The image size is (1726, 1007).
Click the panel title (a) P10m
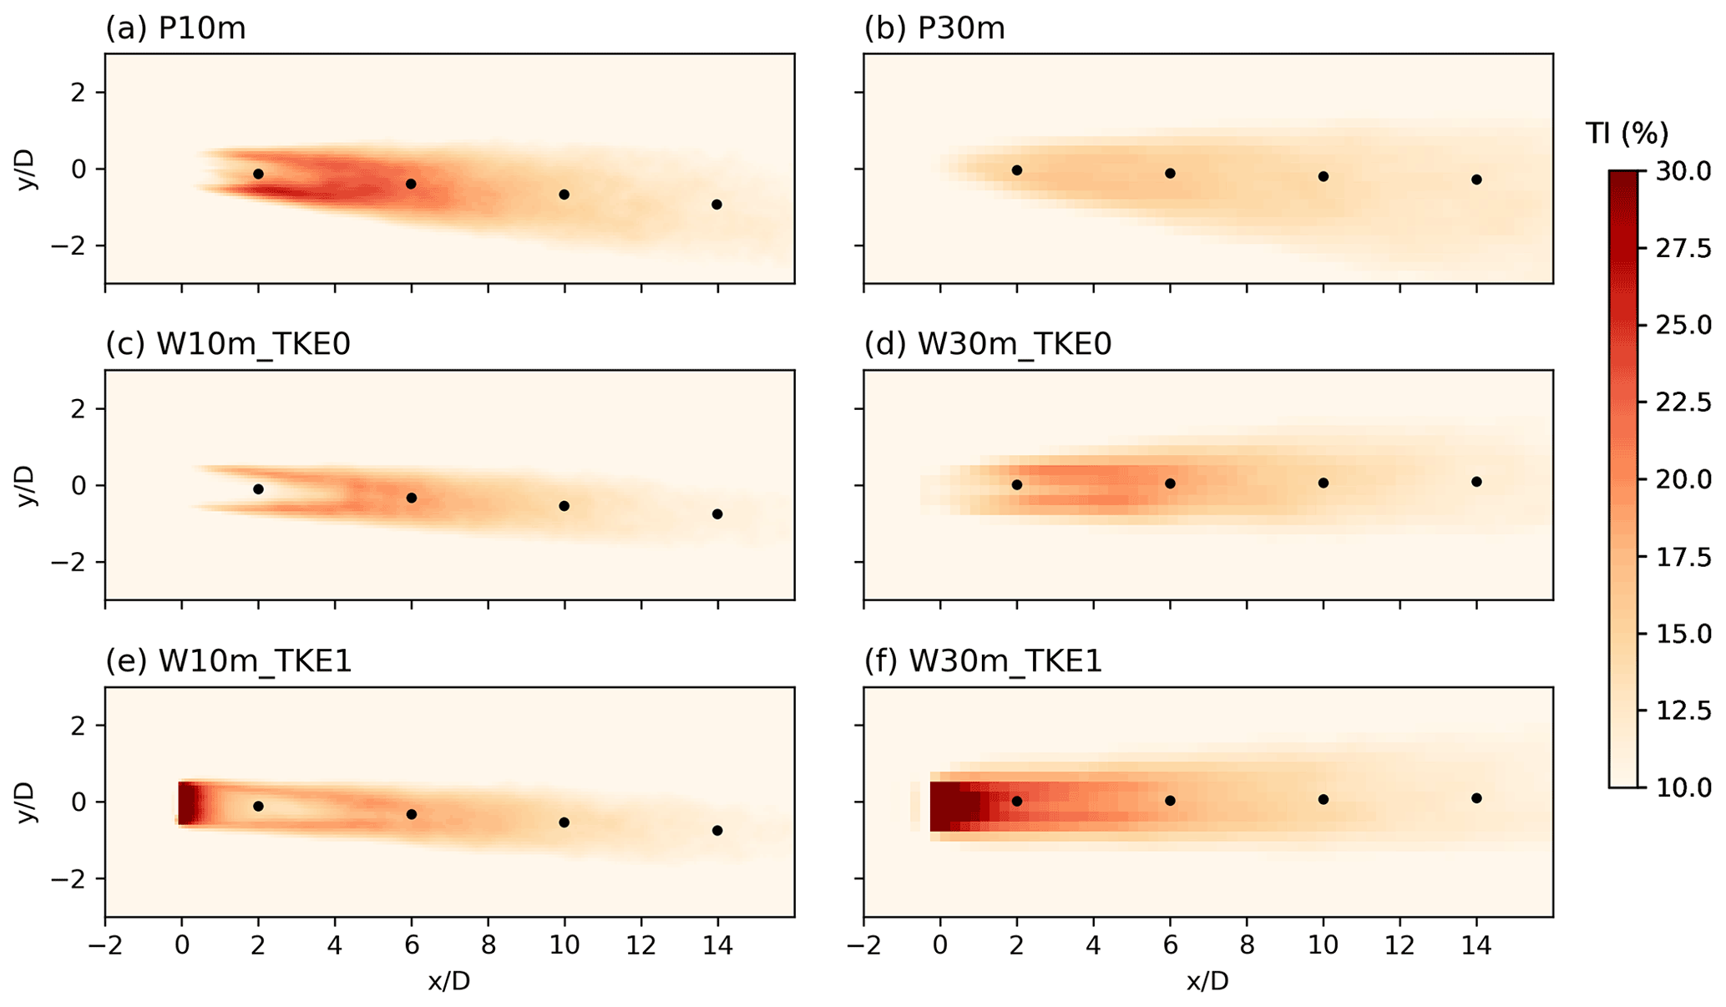[175, 29]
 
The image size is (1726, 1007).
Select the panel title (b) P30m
[934, 29]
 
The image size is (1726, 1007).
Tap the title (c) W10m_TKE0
[228, 344]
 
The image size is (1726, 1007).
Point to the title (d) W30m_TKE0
[988, 344]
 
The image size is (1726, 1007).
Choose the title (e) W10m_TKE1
[228, 661]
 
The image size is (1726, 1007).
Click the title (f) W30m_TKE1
[984, 661]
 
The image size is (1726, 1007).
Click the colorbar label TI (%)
[1626, 133]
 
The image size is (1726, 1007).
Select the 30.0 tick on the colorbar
[1683, 171]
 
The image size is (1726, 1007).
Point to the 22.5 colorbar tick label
[1683, 402]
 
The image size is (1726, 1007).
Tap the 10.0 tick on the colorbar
[1683, 787]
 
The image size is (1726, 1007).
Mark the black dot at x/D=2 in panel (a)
[259, 174]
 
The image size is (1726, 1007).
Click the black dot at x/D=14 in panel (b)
[1476, 180]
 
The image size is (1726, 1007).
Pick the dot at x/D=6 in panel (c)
[411, 498]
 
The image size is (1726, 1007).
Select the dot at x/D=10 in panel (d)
[1324, 483]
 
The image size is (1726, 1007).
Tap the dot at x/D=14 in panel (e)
[717, 830]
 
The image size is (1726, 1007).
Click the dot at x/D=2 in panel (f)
[1017, 801]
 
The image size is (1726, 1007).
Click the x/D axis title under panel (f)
[1207, 981]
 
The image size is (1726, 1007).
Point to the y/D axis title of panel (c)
[27, 485]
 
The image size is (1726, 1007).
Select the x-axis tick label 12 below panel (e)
[641, 947]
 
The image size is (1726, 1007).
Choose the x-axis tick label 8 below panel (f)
[1247, 947]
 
